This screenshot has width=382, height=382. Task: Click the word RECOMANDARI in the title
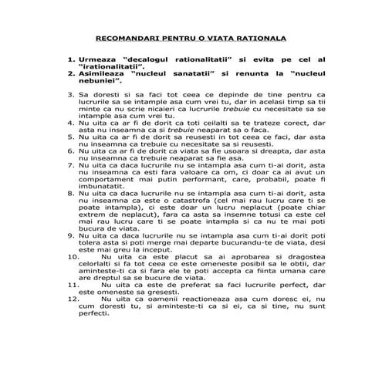(125, 37)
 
